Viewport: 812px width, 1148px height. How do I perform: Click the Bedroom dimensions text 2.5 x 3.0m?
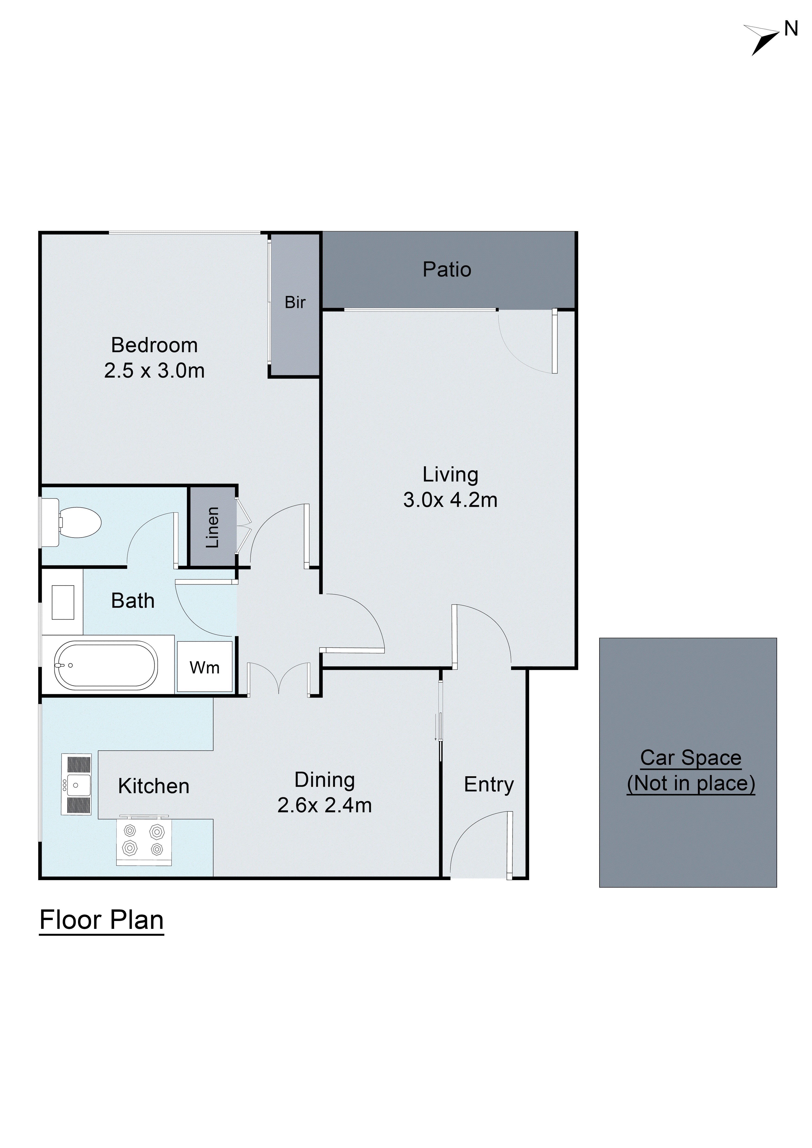(154, 370)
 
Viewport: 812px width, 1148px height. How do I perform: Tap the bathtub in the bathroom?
(106, 666)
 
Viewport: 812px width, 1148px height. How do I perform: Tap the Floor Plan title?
(101, 920)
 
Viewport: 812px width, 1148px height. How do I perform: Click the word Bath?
(132, 600)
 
